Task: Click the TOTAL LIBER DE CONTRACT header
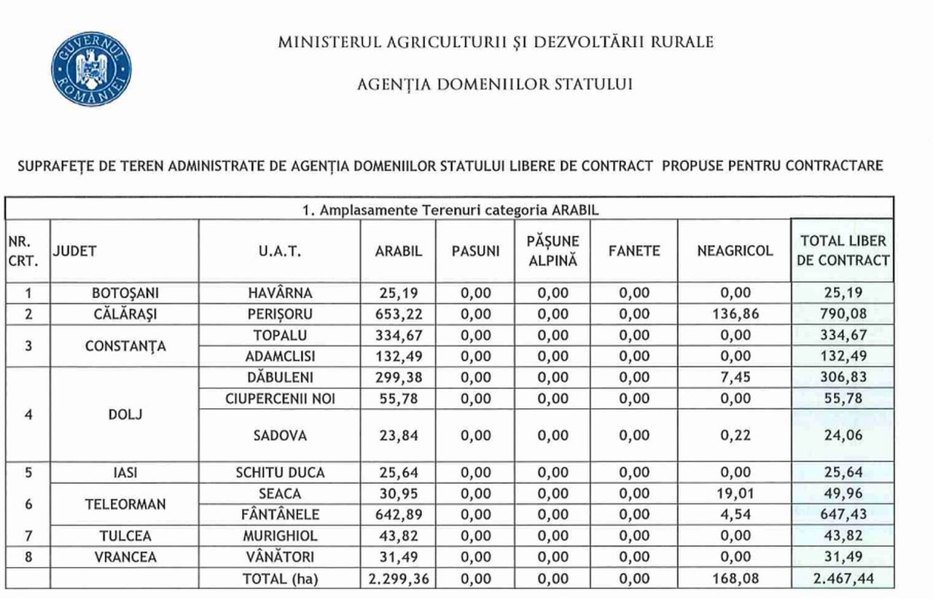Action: tap(843, 251)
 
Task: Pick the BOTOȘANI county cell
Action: tap(125, 294)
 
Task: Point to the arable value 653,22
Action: tap(398, 315)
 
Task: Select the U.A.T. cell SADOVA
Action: tap(280, 436)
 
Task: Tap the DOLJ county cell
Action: tap(125, 415)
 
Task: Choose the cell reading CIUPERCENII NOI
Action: tap(280, 398)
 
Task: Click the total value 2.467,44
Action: tap(843, 580)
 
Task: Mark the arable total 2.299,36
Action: tap(398, 580)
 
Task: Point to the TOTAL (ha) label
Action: tap(280, 580)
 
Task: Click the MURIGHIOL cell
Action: tap(280, 536)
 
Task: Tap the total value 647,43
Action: tap(843, 514)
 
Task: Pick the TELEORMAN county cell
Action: tap(125, 504)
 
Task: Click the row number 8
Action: tap(28, 557)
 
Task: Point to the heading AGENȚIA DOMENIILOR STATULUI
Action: tap(495, 85)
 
